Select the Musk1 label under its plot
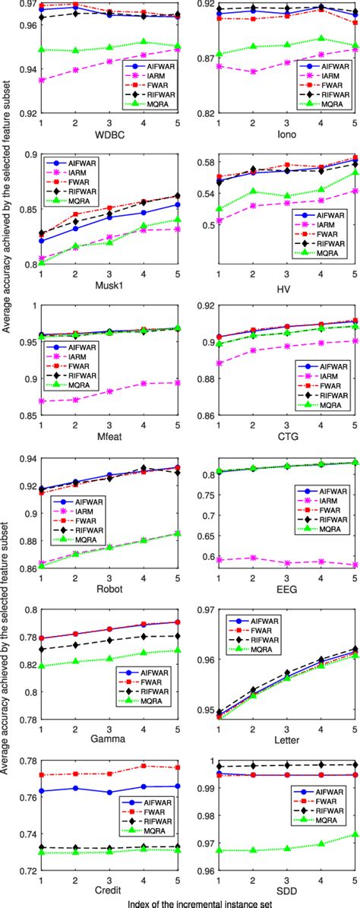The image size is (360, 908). pos(109,285)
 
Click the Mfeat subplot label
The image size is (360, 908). pos(109,436)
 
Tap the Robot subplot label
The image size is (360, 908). pos(109,587)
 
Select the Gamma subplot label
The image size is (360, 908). pos(109,739)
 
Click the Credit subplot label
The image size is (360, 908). pos(109,890)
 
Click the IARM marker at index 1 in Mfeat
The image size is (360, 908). pos(39,400)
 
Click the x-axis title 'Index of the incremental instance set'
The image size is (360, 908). pos(197,902)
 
